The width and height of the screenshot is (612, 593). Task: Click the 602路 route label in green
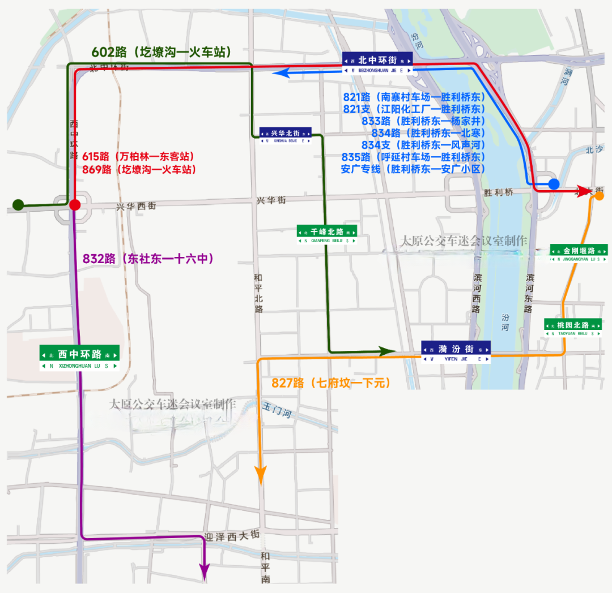(161, 52)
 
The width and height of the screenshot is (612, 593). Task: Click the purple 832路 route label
(148, 259)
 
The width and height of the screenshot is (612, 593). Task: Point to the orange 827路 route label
(331, 383)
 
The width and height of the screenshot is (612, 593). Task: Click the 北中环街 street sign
(377, 62)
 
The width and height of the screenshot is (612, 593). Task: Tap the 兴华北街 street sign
(286, 135)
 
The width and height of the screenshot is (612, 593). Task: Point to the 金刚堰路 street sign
(579, 253)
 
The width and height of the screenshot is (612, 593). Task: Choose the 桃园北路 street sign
(572, 328)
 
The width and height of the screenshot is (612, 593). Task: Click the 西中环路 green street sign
(79, 358)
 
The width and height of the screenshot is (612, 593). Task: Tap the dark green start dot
(18, 204)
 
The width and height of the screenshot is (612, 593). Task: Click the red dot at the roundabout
(75, 205)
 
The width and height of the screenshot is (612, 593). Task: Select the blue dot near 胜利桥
(554, 184)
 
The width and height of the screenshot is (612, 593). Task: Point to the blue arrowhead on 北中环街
(281, 72)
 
